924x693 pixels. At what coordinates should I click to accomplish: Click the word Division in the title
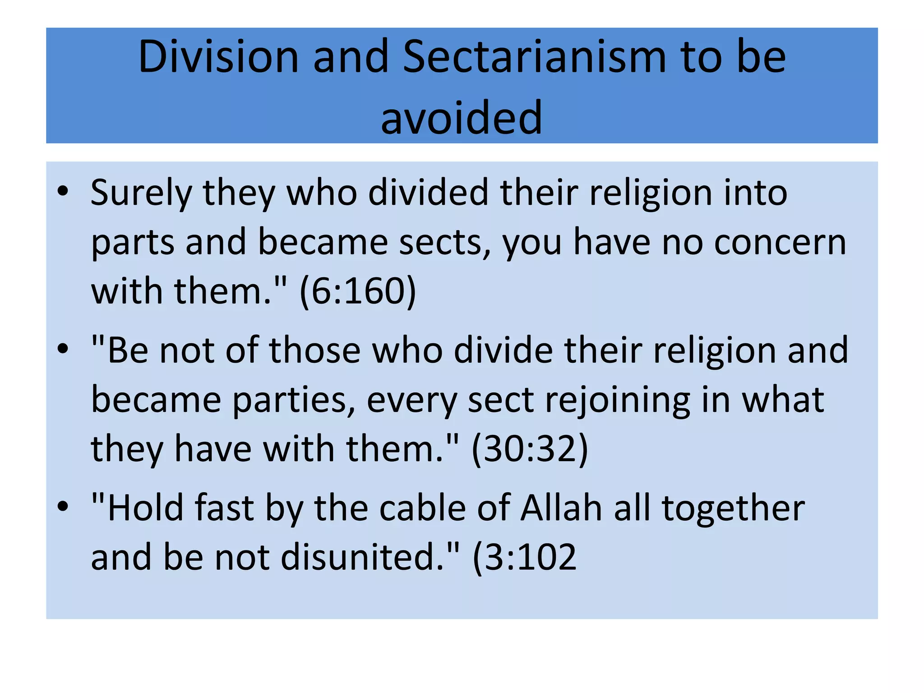pos(218,57)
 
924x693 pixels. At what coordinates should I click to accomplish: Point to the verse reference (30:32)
pos(530,449)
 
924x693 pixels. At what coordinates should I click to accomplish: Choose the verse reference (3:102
pos(524,558)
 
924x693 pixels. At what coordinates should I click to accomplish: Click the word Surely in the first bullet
pos(141,193)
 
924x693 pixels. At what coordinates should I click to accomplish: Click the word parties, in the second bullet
pos(294,400)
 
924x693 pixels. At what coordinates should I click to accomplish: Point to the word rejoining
pos(618,400)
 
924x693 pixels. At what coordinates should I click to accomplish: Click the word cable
pos(422,508)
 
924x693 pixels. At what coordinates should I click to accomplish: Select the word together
pos(733,508)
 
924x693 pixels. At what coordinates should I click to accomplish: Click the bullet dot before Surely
pos(63,191)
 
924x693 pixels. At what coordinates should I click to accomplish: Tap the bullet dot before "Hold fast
pos(63,506)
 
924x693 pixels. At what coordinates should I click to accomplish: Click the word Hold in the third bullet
pos(145,508)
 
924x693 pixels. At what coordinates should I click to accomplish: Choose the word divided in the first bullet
pos(428,193)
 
